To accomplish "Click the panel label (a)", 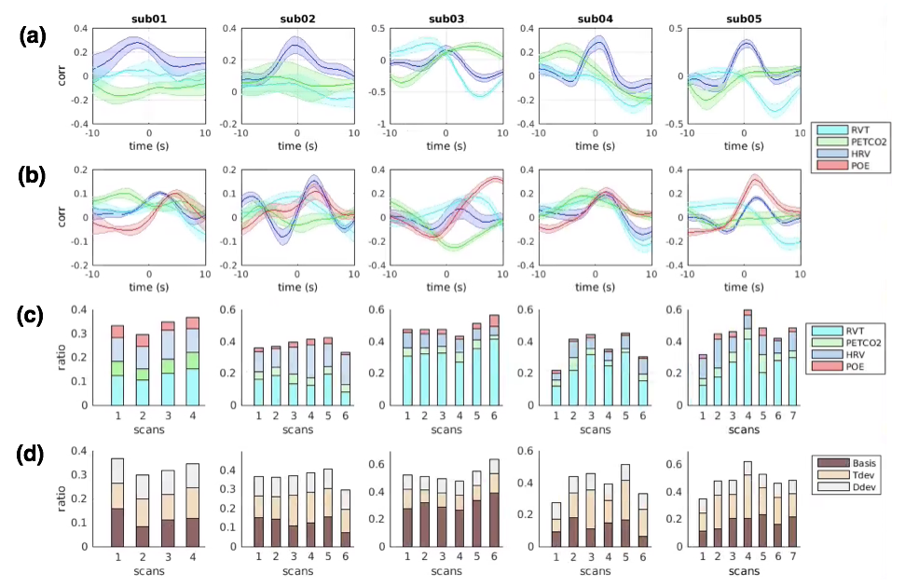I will (x=33, y=38).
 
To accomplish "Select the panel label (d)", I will (x=33, y=454).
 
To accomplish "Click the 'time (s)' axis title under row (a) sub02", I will (x=297, y=145).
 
